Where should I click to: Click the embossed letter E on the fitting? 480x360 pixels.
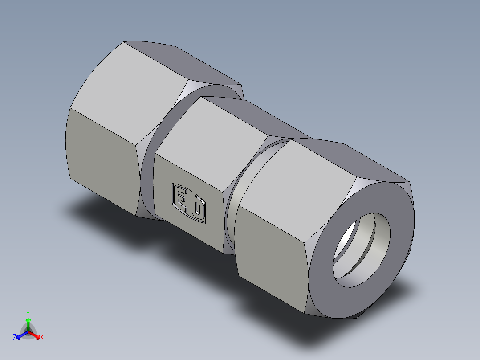[181, 199]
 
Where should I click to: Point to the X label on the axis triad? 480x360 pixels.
[42, 338]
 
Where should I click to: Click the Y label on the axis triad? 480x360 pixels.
[28, 313]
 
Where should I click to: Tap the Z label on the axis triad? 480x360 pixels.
[15, 338]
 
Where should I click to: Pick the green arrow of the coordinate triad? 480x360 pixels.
[28, 323]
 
